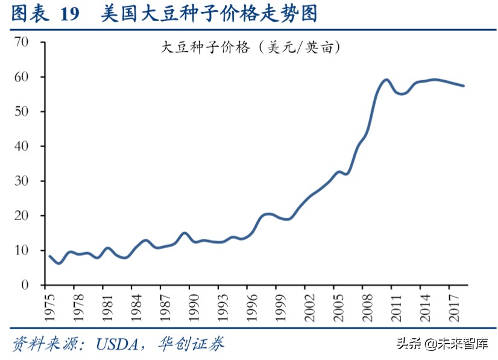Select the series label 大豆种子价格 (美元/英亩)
click(x=251, y=48)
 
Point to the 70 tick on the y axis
click(x=22, y=42)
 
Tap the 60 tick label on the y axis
click(x=22, y=77)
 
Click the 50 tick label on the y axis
click(x=22, y=112)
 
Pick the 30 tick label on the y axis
click(x=22, y=181)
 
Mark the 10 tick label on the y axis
click(x=22, y=250)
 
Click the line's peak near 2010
click(x=386, y=80)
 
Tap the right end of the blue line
click(x=463, y=86)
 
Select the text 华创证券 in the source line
click(x=191, y=344)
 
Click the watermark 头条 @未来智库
click(x=442, y=344)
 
